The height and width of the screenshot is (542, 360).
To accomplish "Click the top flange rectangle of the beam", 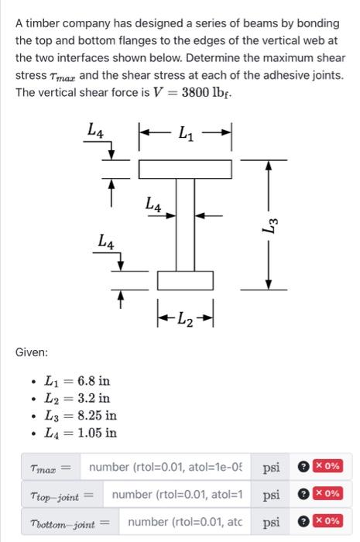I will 186,168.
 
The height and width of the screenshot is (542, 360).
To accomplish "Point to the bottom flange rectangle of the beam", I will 186,280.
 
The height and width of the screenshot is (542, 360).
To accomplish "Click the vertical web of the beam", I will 185,224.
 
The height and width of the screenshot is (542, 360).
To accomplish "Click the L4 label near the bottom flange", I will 107,243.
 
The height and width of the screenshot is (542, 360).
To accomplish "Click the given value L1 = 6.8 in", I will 77,381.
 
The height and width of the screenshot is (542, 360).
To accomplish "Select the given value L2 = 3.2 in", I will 77,398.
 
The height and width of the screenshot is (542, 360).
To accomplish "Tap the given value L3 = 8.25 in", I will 80,415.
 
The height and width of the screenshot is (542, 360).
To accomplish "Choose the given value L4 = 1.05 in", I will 80,432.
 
